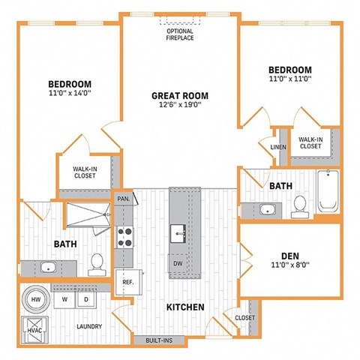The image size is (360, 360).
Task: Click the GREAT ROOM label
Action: tap(180, 95)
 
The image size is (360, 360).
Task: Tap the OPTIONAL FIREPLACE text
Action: tap(180, 33)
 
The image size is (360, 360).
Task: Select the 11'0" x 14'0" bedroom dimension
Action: tap(70, 94)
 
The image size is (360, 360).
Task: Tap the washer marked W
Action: tap(66, 299)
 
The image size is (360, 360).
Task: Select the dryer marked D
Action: tap(87, 299)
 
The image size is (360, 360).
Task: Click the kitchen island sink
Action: tap(178, 231)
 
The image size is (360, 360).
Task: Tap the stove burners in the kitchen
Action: tap(124, 237)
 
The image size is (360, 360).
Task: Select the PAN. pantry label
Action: tap(124, 199)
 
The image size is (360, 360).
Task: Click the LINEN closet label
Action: tap(278, 147)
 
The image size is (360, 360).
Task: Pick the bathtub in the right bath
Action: tap(328, 190)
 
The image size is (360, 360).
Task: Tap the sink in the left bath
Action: tap(49, 266)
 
